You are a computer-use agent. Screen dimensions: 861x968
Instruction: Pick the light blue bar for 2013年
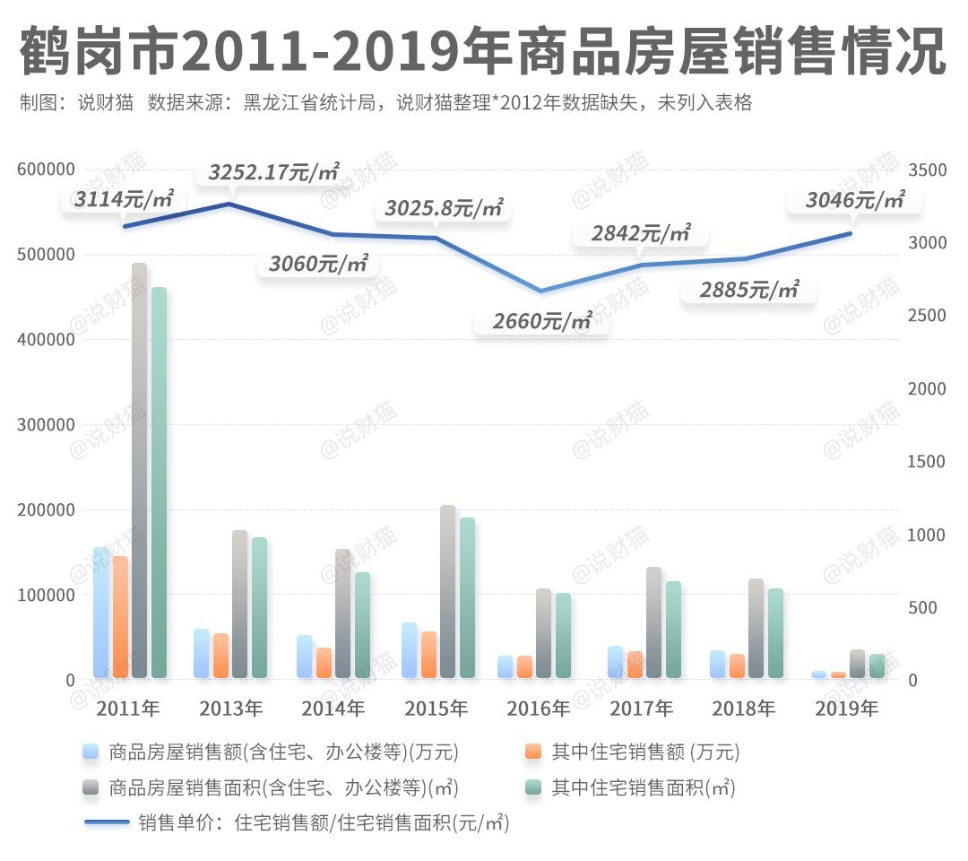[202, 653]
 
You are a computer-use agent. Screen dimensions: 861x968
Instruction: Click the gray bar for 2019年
[858, 664]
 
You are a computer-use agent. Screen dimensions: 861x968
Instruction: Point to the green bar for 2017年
[673, 630]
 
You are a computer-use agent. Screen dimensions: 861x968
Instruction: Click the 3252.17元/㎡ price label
[273, 172]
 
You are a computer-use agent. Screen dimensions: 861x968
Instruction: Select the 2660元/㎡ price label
[542, 320]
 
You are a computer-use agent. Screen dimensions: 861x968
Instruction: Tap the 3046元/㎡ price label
[854, 200]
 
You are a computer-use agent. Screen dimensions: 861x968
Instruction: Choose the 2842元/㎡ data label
[641, 234]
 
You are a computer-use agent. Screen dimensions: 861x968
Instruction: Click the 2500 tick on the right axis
[928, 316]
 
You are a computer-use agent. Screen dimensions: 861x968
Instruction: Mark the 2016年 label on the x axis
[538, 709]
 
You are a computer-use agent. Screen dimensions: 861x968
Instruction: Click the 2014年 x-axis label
[333, 709]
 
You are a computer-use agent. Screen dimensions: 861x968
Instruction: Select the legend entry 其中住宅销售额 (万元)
[645, 752]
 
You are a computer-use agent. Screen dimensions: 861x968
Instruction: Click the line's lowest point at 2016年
[539, 291]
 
